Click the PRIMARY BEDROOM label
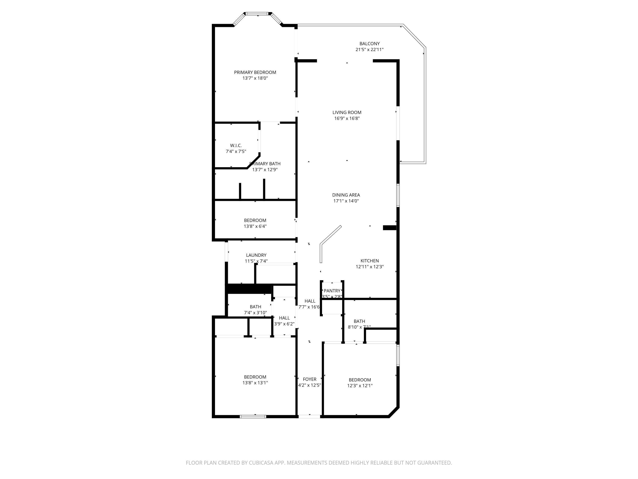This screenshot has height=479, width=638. coord(255,72)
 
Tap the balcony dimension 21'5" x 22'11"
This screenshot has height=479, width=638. coord(369,50)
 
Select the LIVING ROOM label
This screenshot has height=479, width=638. coord(347,112)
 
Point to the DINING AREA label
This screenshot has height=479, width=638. coord(346,195)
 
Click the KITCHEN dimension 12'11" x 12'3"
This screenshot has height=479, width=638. coord(369,267)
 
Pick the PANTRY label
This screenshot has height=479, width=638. coord(332,291)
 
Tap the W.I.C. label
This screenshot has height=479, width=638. coord(236,146)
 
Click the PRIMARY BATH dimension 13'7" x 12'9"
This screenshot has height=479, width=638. coord(265,170)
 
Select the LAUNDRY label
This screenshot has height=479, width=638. coord(256,255)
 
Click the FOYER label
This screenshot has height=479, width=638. coord(309,379)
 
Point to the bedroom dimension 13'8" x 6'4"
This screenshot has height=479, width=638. coord(255,226)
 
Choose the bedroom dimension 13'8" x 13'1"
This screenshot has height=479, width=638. coord(255,383)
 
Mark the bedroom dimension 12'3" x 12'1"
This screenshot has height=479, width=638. coord(360,386)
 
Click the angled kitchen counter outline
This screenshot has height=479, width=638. coord(330,235)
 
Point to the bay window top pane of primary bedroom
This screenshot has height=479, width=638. coord(257,13)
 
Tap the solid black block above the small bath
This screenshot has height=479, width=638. coord(249,289)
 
